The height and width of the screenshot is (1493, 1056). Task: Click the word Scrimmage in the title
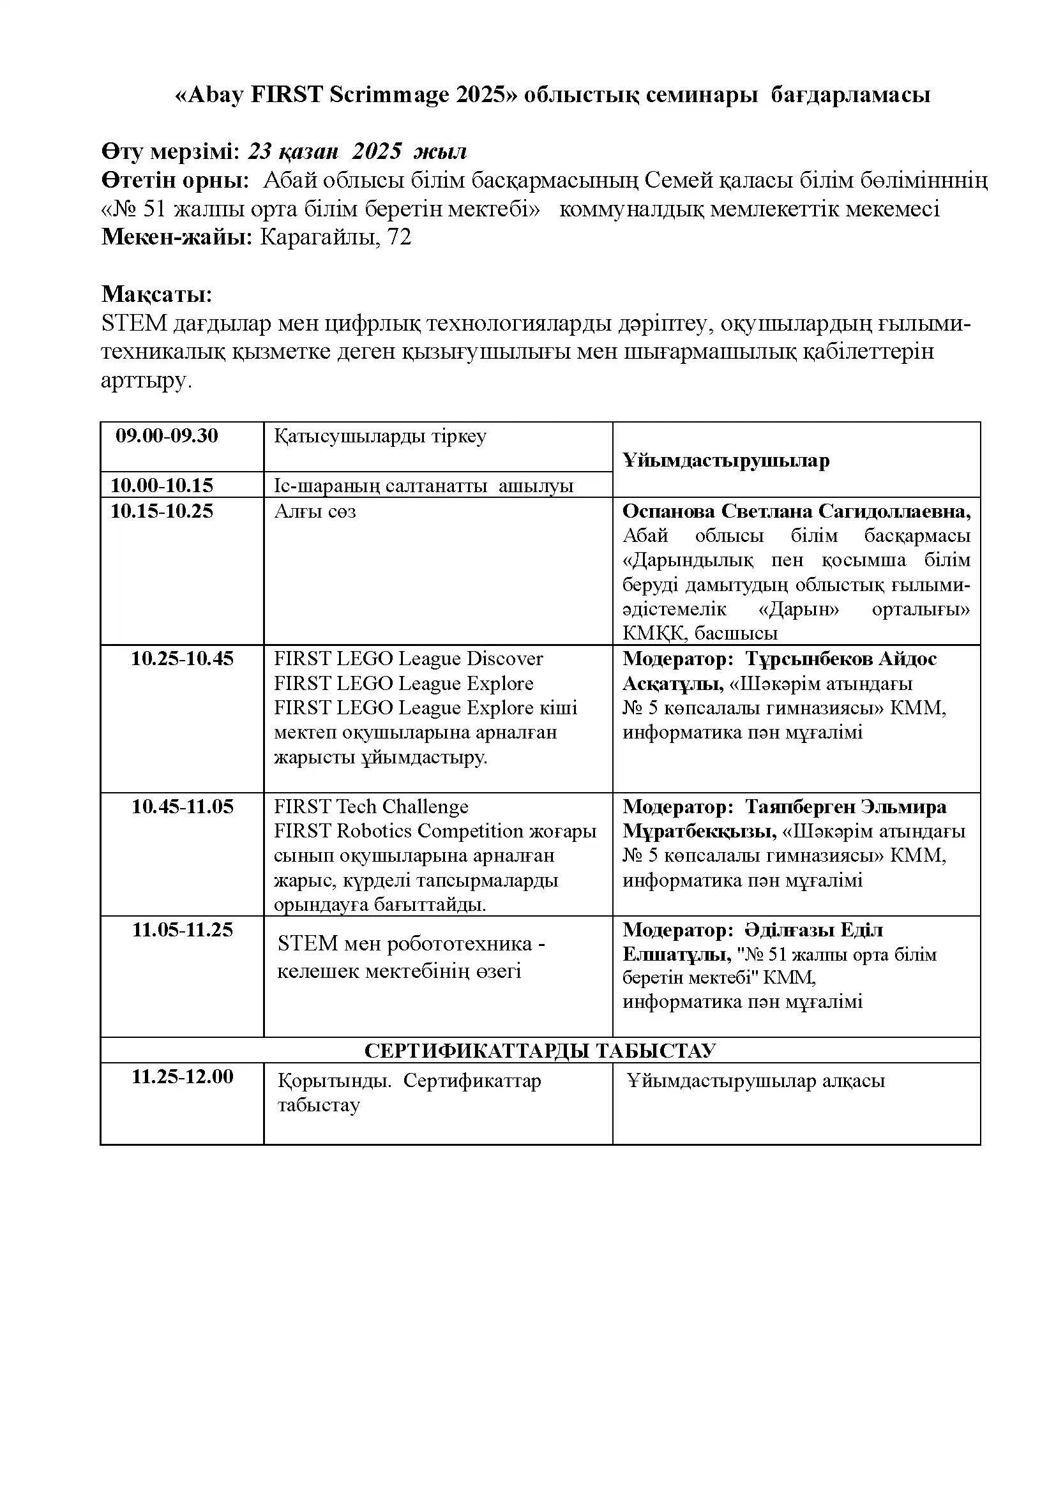(x=389, y=95)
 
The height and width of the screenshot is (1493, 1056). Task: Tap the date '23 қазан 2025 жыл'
(x=358, y=151)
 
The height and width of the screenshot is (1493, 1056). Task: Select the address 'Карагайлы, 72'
(x=336, y=237)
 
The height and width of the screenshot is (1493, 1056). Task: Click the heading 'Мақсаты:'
(x=156, y=294)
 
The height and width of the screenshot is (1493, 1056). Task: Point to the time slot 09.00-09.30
(x=167, y=436)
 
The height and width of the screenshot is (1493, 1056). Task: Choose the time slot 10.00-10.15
(x=162, y=485)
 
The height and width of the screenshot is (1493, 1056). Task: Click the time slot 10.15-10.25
(x=162, y=511)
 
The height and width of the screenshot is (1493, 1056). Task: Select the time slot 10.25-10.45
(x=182, y=659)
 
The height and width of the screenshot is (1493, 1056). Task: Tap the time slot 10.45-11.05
(x=182, y=807)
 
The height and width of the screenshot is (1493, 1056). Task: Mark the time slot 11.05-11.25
(x=182, y=929)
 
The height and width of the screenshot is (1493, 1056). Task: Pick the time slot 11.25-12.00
(x=182, y=1076)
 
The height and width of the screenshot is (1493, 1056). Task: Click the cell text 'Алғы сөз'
(x=315, y=512)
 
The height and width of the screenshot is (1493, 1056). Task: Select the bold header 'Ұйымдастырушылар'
(x=726, y=461)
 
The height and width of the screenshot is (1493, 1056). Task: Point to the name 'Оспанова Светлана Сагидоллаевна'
(x=796, y=511)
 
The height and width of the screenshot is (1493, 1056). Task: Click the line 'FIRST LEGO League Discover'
(x=409, y=659)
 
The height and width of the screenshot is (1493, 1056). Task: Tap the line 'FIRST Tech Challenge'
(x=371, y=807)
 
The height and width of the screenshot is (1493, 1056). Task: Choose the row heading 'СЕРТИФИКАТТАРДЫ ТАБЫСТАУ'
(x=539, y=1050)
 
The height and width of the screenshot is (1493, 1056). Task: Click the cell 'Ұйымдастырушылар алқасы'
(x=755, y=1081)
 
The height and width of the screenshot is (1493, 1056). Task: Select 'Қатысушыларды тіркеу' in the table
(x=381, y=437)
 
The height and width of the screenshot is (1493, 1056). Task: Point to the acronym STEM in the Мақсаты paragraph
(x=135, y=323)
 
